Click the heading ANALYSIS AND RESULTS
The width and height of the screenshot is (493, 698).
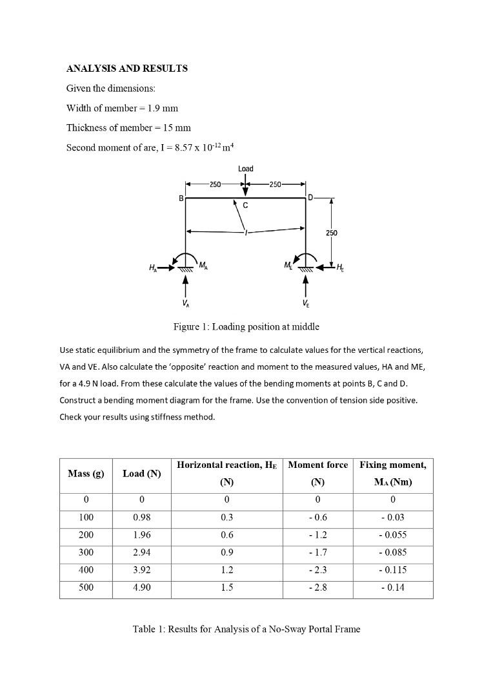click(127, 69)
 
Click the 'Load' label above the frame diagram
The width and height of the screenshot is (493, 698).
click(245, 169)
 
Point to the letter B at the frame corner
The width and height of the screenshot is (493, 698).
click(181, 197)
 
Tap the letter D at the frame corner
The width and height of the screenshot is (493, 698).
click(310, 197)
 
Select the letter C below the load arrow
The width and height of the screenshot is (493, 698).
click(245, 206)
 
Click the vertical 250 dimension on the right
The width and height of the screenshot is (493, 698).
click(331, 233)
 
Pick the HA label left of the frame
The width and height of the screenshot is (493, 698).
click(152, 267)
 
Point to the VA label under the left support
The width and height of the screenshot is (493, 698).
click(185, 303)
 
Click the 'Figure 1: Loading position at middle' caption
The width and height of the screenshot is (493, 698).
click(246, 326)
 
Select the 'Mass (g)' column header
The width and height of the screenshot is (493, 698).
click(86, 474)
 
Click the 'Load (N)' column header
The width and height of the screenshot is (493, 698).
click(141, 474)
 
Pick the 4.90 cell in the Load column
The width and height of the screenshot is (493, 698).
click(141, 587)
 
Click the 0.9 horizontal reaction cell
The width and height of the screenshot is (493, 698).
click(226, 553)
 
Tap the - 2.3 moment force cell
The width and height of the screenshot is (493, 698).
click(317, 570)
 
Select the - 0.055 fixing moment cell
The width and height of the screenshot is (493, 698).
click(392, 535)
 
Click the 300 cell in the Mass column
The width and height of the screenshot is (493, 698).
click(86, 553)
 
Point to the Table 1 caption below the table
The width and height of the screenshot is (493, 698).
click(246, 629)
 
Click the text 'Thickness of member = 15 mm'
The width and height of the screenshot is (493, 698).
click(128, 127)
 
